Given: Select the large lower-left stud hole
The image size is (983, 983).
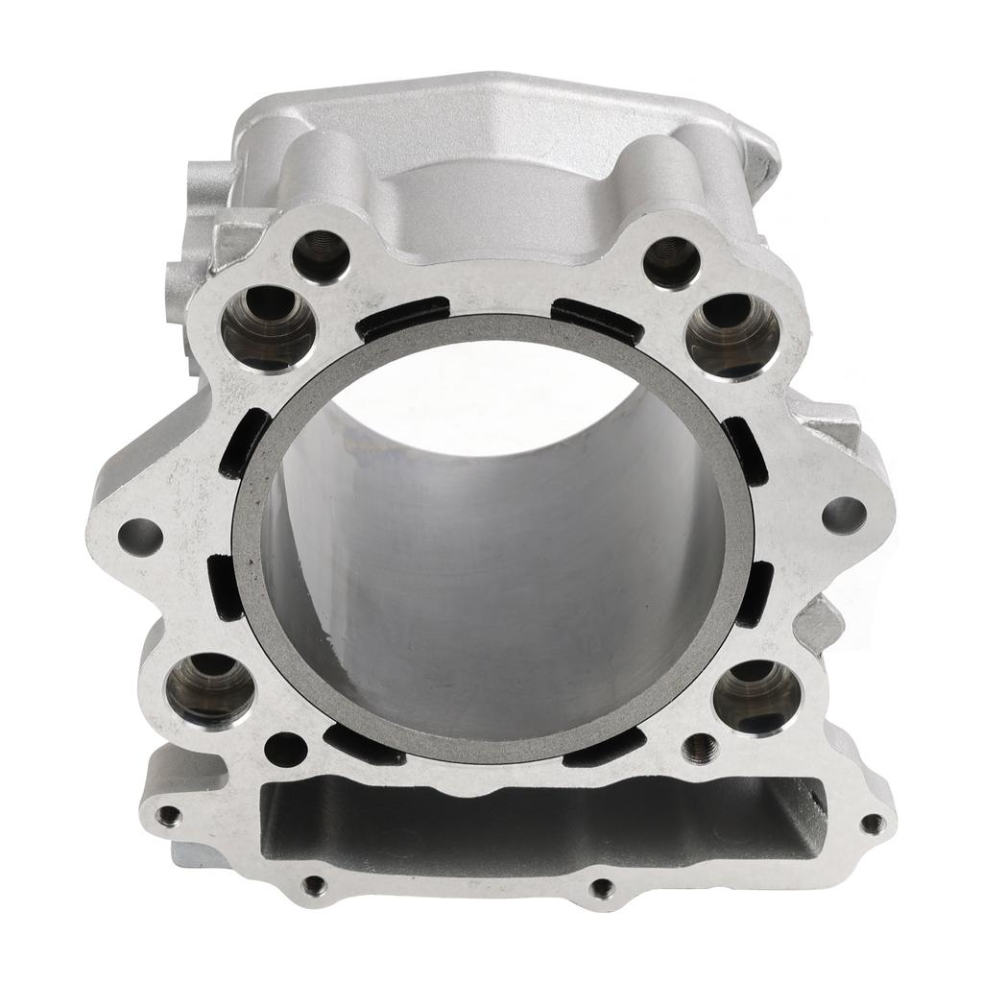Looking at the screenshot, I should coord(209,688).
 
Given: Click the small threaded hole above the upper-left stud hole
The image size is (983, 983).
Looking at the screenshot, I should coord(320,254).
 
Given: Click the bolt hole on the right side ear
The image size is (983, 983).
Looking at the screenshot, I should coord(844,515).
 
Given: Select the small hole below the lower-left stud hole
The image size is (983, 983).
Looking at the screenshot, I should coord(285,748).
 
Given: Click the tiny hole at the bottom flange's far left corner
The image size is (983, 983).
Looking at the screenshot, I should coord(170,816).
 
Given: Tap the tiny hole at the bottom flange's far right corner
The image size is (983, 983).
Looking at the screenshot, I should coord(871,823).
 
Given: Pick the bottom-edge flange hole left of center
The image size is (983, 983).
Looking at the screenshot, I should coord(313,884).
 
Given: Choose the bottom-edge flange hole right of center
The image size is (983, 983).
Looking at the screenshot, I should coord(602,889).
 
